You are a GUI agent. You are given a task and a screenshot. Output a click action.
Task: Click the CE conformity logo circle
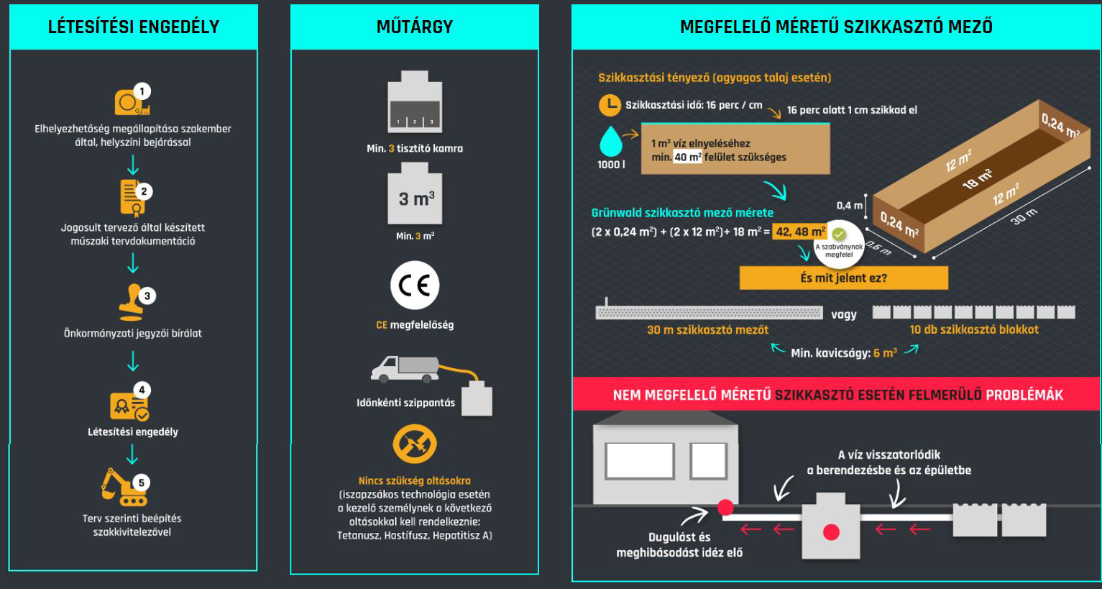coord(415,285)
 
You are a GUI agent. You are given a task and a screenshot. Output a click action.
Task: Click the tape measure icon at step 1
coord(130,102)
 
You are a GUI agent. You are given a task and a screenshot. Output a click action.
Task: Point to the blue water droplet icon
coord(611,142)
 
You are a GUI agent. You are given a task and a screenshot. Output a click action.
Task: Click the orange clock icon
coord(610,105)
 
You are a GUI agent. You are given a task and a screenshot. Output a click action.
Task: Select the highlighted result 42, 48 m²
coord(800,232)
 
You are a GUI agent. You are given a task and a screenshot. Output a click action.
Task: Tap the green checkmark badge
coord(839,234)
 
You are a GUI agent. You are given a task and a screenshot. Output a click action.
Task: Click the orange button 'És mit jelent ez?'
coord(843,278)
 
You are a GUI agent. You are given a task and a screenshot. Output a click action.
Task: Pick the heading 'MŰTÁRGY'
coord(415,27)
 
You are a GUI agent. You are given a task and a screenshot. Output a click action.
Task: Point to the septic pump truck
coord(405,368)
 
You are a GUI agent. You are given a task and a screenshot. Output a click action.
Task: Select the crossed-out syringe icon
coord(415,444)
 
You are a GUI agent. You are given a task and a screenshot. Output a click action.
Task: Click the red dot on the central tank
coord(832,532)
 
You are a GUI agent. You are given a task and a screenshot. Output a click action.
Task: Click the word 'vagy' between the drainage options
coord(844,314)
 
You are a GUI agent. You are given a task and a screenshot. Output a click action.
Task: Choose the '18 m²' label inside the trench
coord(978,179)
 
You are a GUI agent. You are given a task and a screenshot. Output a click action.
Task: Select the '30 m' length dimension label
coord(1024,216)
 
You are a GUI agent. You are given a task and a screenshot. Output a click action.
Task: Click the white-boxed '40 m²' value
coord(687,157)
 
